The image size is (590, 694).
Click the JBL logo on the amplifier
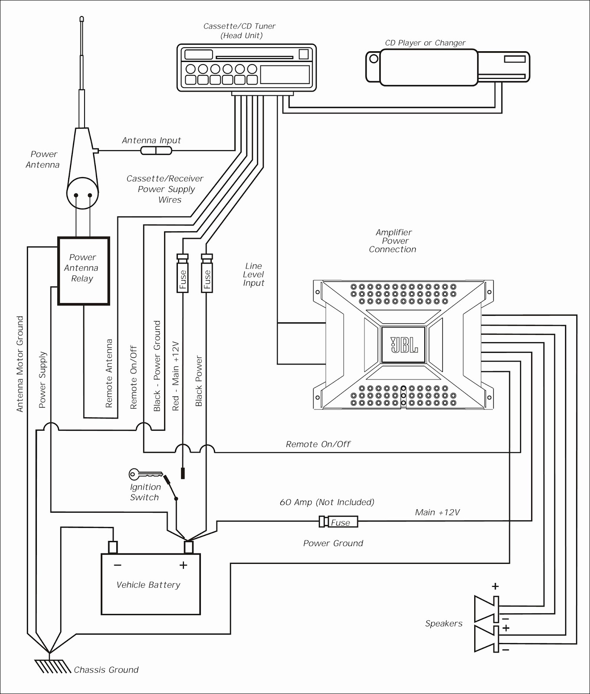coord(404,345)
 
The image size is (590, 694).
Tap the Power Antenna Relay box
coord(83,271)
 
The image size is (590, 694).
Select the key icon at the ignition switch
coord(146,474)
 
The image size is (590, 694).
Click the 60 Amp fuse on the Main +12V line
coord(338,522)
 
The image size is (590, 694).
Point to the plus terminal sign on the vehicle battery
coord(184,565)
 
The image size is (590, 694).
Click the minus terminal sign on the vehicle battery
coord(118,565)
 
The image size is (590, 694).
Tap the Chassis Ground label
coord(106,670)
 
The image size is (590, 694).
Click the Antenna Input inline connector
coord(156,151)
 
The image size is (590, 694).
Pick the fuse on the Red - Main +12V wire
coord(183,273)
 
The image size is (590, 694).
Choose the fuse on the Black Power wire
coord(207,273)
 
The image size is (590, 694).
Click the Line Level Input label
coord(254,274)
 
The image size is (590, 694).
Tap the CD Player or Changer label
coord(425,43)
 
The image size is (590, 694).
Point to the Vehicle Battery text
coord(148,585)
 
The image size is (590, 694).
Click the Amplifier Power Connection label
coord(393,241)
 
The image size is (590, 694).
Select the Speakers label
coord(444,623)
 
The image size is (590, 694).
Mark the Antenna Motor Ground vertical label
coord(20,364)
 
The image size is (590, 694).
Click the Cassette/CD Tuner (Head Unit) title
coord(240,31)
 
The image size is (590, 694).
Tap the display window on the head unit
coord(285,74)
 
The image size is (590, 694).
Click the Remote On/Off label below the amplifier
coord(318,444)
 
